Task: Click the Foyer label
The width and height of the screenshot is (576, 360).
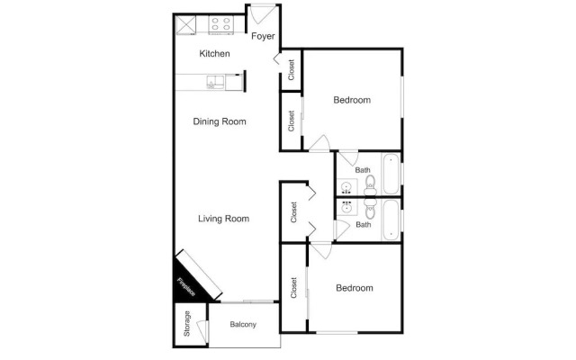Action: [x=263, y=36]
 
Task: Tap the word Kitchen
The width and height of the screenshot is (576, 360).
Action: [x=214, y=54]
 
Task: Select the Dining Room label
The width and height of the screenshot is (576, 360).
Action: [x=220, y=121]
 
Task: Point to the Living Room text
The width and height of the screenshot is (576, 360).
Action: [x=224, y=219]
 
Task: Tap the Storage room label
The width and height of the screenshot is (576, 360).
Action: [x=187, y=324]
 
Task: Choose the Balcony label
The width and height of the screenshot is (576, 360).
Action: [x=243, y=324]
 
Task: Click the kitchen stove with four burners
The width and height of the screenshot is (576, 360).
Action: [x=221, y=25]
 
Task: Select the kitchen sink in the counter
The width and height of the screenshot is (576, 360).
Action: [x=215, y=82]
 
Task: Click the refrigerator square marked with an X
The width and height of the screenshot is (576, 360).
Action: [x=185, y=25]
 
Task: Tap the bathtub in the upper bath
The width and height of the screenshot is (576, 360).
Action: [x=391, y=174]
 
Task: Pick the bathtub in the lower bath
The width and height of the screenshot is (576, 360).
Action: [x=391, y=220]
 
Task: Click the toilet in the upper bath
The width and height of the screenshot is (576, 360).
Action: [x=370, y=185]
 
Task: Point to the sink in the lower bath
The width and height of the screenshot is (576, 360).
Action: [x=346, y=208]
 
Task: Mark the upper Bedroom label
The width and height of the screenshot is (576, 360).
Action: [x=352, y=100]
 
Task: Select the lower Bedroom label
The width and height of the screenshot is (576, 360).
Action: [x=355, y=288]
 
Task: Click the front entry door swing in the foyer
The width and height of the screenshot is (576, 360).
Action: [x=262, y=14]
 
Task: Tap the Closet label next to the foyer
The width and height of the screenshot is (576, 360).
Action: [x=292, y=70]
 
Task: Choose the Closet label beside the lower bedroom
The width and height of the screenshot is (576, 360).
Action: [x=293, y=288]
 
